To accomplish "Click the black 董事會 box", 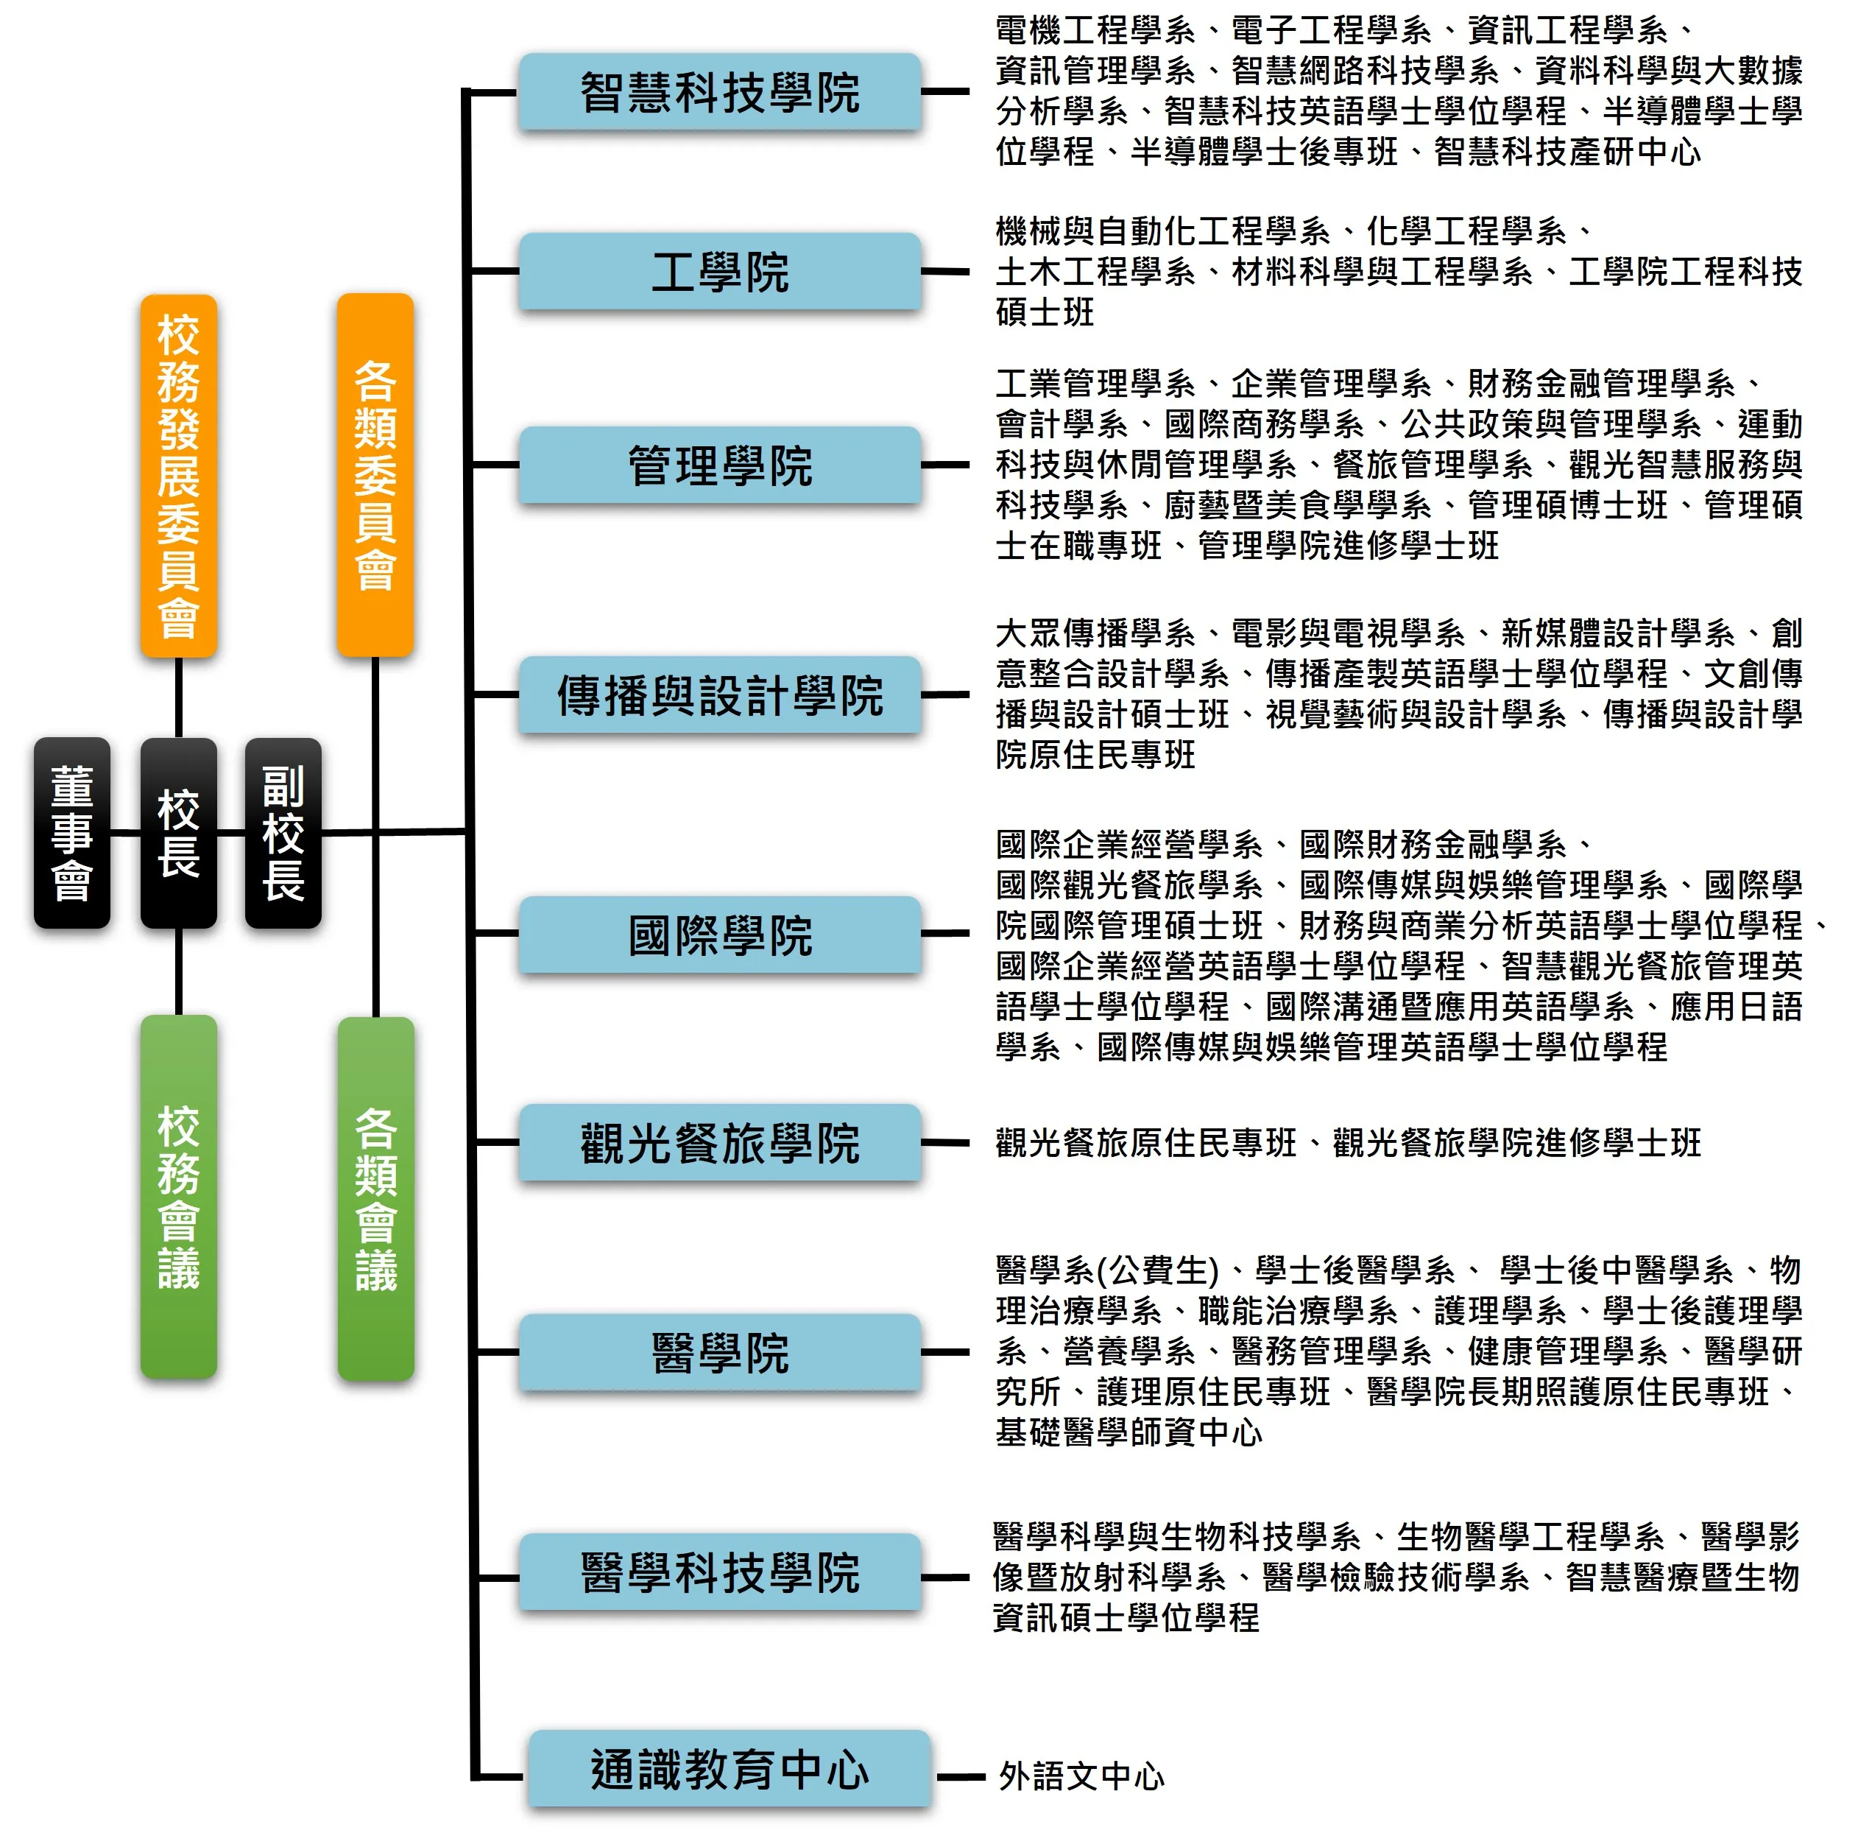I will pos(72,832).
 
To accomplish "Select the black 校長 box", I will pos(178,832).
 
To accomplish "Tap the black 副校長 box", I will pos(283,832).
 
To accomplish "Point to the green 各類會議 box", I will pos(375,1197).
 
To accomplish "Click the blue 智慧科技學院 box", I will pos(719,92).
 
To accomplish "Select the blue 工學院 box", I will pos(719,271).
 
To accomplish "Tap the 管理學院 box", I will pos(719,465).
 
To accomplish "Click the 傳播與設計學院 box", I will pos(719,694).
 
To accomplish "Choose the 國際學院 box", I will pos(719,934).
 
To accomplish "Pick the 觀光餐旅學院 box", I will pos(719,1143).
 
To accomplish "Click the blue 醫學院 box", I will pos(719,1353).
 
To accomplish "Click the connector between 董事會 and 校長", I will pos(125,832).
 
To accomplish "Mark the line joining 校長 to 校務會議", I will pos(178,971).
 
